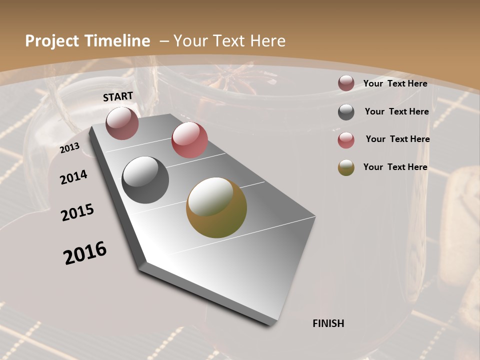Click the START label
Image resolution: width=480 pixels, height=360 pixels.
pyautogui.click(x=118, y=96)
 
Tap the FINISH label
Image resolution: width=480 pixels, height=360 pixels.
pyautogui.click(x=328, y=323)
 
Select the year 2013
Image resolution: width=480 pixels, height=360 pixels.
pyautogui.click(x=69, y=148)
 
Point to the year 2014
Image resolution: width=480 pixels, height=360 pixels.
pyautogui.click(x=73, y=177)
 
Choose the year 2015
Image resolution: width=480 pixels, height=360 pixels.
pyautogui.click(x=77, y=212)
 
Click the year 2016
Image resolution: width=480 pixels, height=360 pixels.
pyautogui.click(x=85, y=253)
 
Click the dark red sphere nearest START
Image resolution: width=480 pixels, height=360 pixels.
pyautogui.click(x=122, y=123)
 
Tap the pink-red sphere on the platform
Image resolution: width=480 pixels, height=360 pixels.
pyautogui.click(x=189, y=140)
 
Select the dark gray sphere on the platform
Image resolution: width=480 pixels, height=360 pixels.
pyautogui.click(x=145, y=180)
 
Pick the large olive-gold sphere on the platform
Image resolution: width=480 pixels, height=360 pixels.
pyautogui.click(x=216, y=207)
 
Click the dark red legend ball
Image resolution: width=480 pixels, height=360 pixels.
pyautogui.click(x=346, y=83)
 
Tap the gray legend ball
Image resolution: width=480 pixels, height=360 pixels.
pyautogui.click(x=346, y=112)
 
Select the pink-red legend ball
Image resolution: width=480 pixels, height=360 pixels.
pyautogui.click(x=346, y=140)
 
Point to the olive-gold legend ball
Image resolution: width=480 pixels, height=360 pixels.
pyautogui.click(x=346, y=167)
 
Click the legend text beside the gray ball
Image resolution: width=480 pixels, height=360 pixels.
pyautogui.click(x=396, y=111)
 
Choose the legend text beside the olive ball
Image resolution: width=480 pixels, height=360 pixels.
pyautogui.click(x=395, y=167)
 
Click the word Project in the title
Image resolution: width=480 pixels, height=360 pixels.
pyautogui.click(x=52, y=41)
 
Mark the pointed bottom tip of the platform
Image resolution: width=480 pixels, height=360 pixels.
pyautogui.click(x=272, y=324)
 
